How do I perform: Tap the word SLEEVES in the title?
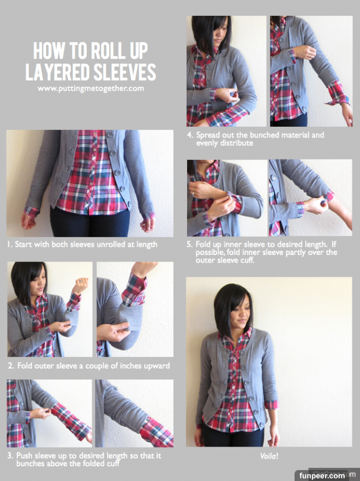click(x=125, y=72)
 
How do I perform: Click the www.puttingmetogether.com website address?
click(x=91, y=88)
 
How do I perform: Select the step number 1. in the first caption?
click(x=10, y=245)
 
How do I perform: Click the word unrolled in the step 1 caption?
click(x=110, y=245)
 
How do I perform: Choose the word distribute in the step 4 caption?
click(x=237, y=143)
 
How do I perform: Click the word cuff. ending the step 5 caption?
click(x=248, y=260)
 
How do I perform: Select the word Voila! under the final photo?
click(x=269, y=456)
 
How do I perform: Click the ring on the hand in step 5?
click(x=193, y=194)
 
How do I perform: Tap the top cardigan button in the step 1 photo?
click(x=110, y=135)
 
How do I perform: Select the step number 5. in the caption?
click(x=190, y=245)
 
